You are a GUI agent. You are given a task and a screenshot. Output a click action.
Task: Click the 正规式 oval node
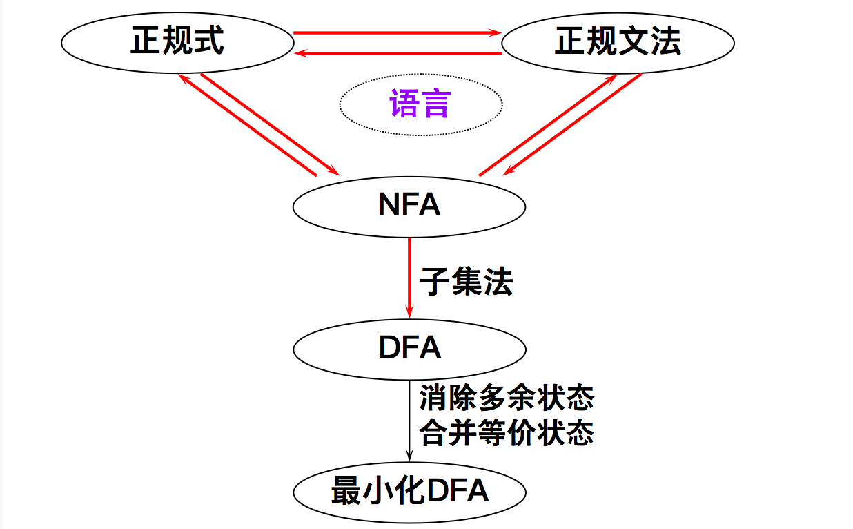coord(177,42)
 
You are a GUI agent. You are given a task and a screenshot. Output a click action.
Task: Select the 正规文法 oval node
coord(618,43)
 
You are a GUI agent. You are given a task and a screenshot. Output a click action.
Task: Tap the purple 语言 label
coord(420,104)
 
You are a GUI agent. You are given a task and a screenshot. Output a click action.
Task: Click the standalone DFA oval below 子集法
coord(409,348)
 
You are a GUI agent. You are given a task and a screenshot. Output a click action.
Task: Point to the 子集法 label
coord(466,282)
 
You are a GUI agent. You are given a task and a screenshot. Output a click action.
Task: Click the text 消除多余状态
coord(507,398)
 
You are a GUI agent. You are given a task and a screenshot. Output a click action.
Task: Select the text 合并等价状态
coord(507,434)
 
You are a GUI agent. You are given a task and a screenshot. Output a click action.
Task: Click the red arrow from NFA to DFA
coord(410,276)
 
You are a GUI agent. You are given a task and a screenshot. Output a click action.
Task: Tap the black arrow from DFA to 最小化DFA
coord(410,421)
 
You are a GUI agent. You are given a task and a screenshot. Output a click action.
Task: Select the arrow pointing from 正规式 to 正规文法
coord(397,32)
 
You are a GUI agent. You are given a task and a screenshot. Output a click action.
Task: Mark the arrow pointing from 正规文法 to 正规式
coord(397,53)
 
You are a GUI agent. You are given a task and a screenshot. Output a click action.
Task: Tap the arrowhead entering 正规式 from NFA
coord(184,78)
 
